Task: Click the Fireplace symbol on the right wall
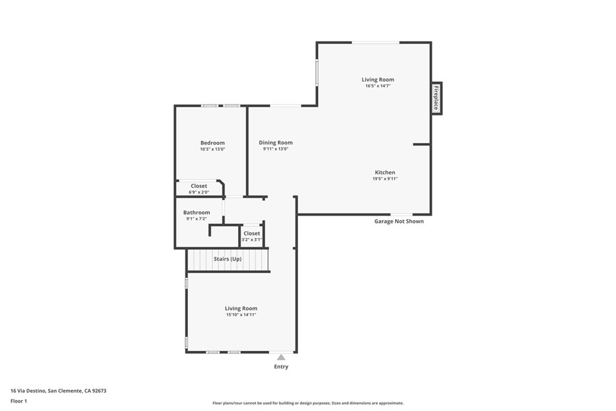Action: [437, 98]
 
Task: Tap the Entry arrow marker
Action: [281, 357]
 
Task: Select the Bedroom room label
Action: [212, 143]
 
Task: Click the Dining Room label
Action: [276, 143]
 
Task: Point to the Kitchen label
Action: [385, 172]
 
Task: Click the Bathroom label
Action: [197, 212]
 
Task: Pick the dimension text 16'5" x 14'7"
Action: [378, 86]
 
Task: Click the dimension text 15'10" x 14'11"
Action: [241, 315]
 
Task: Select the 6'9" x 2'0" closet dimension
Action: [199, 193]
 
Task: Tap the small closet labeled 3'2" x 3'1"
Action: [251, 236]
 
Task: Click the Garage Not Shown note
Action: [399, 221]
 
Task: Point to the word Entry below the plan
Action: [281, 366]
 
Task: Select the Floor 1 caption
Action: [19, 400]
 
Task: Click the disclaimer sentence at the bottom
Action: [308, 403]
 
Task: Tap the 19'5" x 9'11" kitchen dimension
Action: [385, 179]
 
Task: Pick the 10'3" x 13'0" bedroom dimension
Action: [212, 149]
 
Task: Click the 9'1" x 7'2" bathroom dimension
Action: [197, 219]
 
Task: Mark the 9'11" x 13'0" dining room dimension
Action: [276, 149]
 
